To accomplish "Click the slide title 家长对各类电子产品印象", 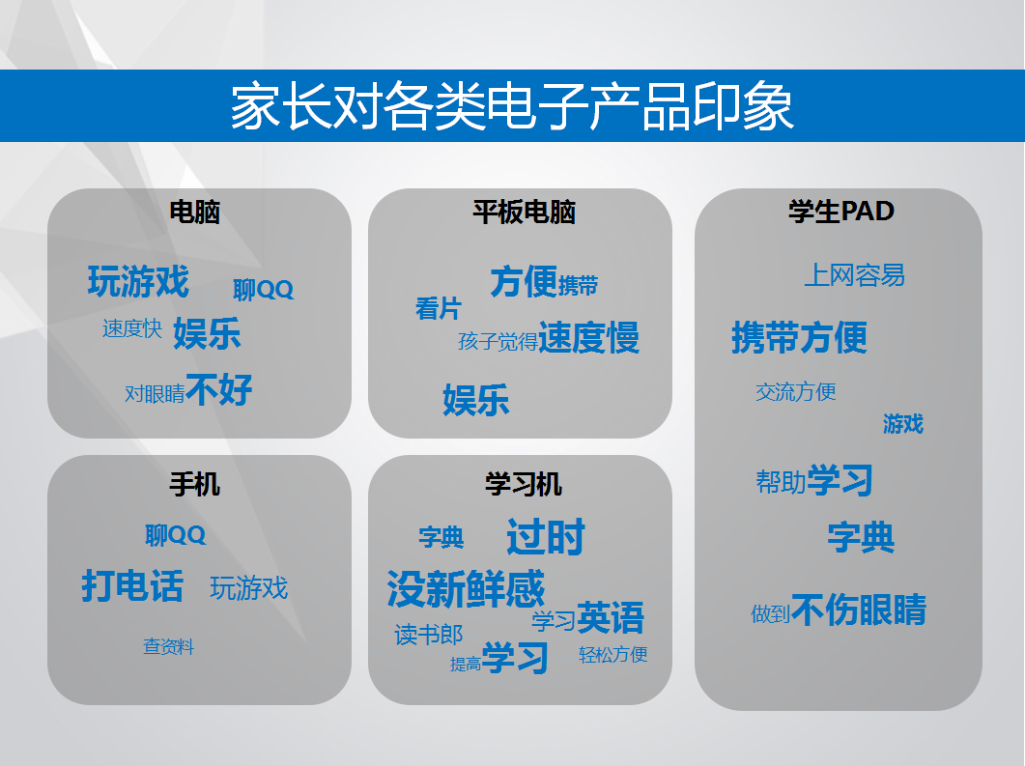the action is click(x=512, y=106).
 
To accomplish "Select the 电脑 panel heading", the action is click(x=195, y=212).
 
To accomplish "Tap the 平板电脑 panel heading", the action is click(x=524, y=212).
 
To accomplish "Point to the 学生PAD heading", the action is click(x=841, y=212).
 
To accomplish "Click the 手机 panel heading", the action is click(x=195, y=484).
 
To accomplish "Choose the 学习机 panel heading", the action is click(x=524, y=484).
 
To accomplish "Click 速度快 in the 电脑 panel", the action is click(x=132, y=328).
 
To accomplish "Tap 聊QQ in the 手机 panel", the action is click(x=175, y=535).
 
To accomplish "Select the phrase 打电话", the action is click(x=132, y=585).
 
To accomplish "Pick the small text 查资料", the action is click(x=169, y=646).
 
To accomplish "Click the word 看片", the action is click(x=439, y=308).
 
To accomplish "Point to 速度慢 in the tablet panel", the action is click(x=589, y=337).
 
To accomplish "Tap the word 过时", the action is click(x=546, y=537).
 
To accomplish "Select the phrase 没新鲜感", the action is click(x=466, y=589).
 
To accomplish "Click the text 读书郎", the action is click(x=429, y=635).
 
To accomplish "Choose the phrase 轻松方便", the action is click(x=613, y=654).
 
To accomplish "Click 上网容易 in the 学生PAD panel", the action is click(x=854, y=275).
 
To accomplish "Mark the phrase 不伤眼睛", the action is click(x=859, y=610).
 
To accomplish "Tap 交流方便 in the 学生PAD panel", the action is click(x=795, y=392).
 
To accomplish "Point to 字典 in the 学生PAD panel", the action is click(x=861, y=537).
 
